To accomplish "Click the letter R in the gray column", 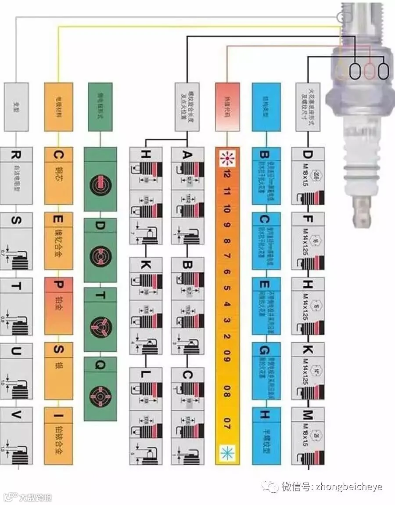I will point(16,155).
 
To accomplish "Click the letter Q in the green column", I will point(100,364).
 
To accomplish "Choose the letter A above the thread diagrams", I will point(187,155).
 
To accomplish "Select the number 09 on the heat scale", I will point(227,359).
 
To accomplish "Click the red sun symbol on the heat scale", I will point(227,157).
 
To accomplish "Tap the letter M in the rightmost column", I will point(308,415).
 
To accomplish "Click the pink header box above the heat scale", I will point(227,107).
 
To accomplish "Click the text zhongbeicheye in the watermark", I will point(348,487).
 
